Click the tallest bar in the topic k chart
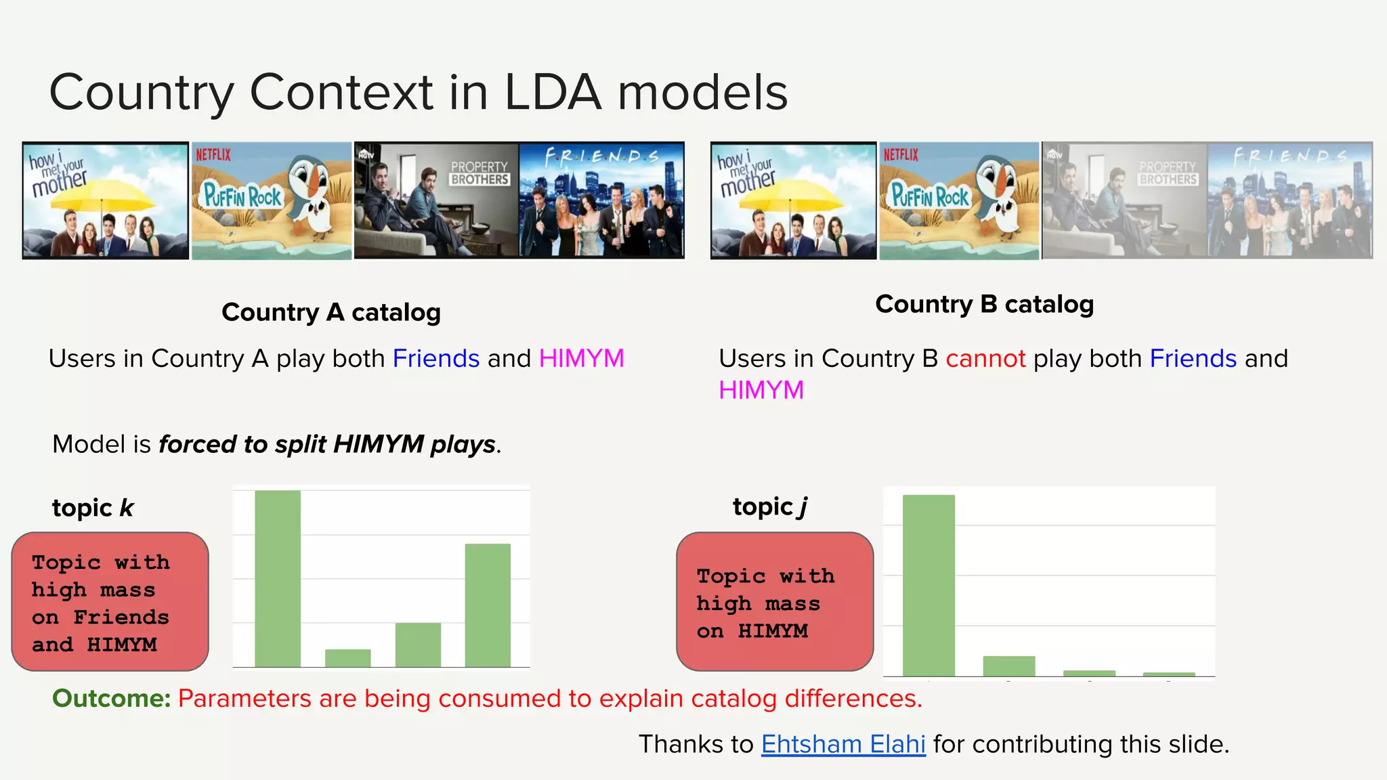point(278,579)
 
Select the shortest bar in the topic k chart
point(347,658)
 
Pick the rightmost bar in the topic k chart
point(488,605)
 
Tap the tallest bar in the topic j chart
point(929,585)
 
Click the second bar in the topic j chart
point(1009,666)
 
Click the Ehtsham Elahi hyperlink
point(843,744)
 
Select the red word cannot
point(985,358)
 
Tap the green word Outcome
point(111,698)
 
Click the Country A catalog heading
point(331,312)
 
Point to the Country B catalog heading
point(984,304)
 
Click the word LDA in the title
point(553,92)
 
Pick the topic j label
point(770,506)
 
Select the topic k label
point(93,508)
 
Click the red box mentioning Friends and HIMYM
point(110,602)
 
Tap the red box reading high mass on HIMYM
point(775,602)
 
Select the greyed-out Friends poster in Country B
point(1289,200)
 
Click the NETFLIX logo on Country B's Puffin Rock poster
point(901,154)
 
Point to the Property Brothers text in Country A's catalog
point(479,173)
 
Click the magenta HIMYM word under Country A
point(581,358)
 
